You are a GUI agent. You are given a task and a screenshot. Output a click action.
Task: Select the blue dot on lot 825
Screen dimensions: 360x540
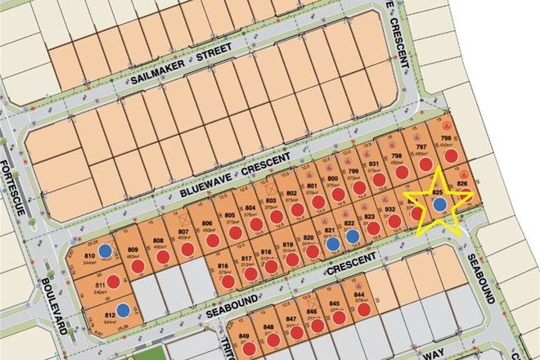point(439,205)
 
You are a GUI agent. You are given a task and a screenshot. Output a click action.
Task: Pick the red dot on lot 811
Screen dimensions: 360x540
point(113,281)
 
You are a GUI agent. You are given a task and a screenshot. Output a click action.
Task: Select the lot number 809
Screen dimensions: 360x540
point(133,250)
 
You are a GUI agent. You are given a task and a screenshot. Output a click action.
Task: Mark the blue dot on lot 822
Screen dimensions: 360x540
point(352,236)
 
